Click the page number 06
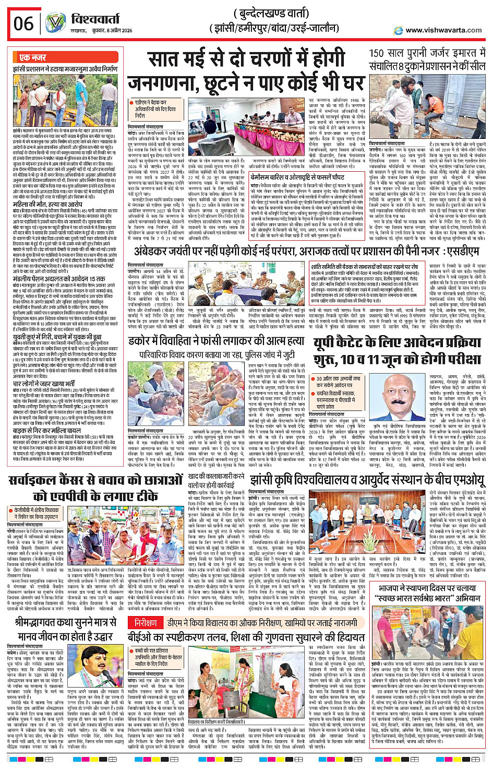(23, 23)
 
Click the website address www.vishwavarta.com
(443, 30)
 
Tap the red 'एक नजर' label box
(32, 57)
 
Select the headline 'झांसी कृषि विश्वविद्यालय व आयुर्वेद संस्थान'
(367, 479)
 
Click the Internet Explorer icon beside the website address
(399, 31)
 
